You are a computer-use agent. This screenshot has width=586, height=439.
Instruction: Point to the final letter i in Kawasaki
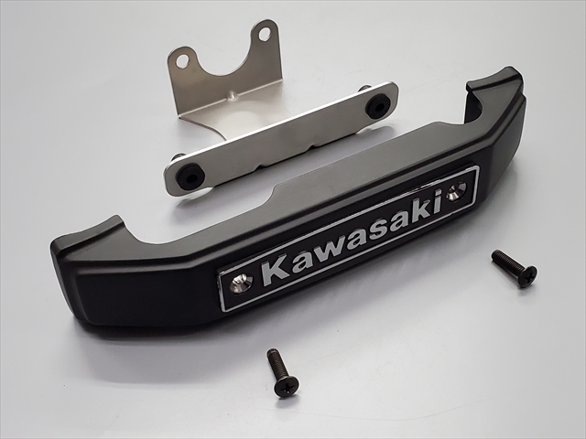[x=437, y=201]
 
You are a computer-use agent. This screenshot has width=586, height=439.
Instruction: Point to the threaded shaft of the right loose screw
[x=506, y=261]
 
